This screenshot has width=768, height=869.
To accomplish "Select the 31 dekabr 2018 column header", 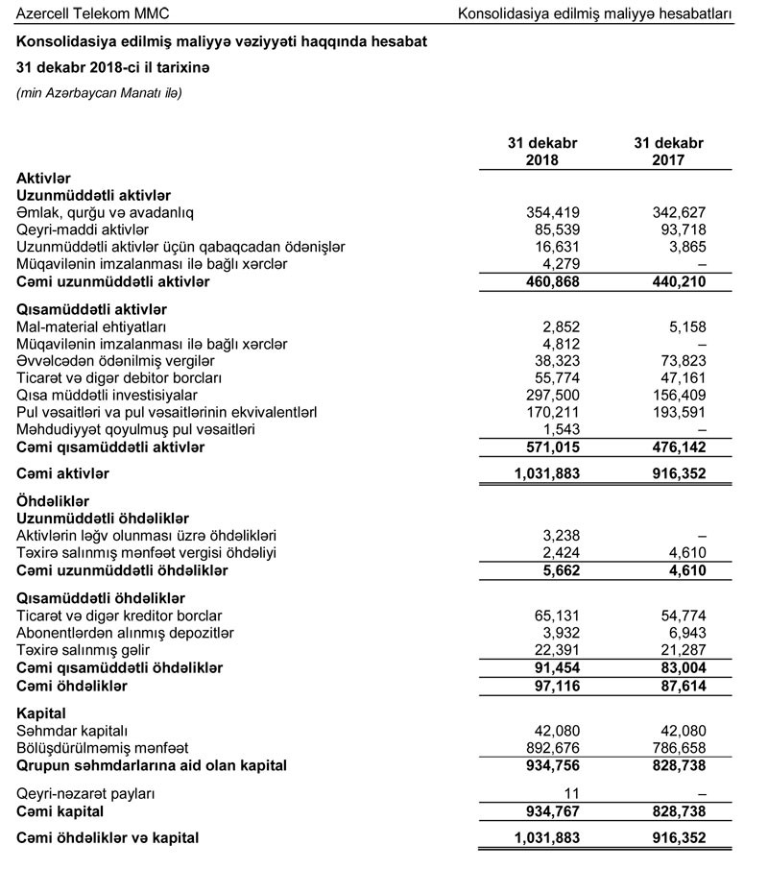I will pos(542,151).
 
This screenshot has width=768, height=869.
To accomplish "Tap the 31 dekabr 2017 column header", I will pos(668,151).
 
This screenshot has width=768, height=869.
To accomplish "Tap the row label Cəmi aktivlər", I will pos(63,473).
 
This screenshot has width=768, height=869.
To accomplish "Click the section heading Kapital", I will pos(41,713).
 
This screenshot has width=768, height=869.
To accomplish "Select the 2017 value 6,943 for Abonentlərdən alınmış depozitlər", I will pos(687,633).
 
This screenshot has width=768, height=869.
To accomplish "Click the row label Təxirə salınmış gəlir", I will pos(88,650).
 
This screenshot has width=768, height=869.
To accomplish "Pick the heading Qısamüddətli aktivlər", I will pos(92,309).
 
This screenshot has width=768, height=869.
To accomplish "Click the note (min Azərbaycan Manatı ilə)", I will pos(99,93).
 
